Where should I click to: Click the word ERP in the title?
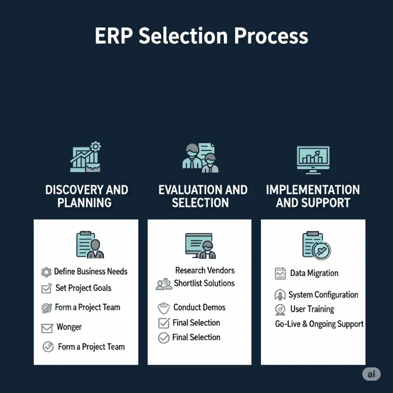[x=114, y=36]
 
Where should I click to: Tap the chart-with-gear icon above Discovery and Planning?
[x=85, y=157]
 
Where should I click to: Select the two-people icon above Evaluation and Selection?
[x=200, y=158]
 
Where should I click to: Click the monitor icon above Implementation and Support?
[x=313, y=160]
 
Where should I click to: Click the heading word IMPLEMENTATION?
[x=313, y=190]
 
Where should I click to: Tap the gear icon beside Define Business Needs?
[x=46, y=272]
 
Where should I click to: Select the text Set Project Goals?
[x=84, y=288]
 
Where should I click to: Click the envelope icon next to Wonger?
[x=47, y=328]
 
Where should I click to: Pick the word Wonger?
[x=69, y=327]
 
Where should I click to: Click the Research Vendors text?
[x=205, y=271]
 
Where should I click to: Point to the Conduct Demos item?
[x=199, y=308]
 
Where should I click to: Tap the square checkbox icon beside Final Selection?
[x=164, y=323]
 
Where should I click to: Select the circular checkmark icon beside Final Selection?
[x=163, y=338]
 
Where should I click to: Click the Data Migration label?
[x=314, y=273]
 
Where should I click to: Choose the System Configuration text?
[x=324, y=295]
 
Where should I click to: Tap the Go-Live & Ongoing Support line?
[x=320, y=324]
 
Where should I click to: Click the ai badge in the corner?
[x=371, y=374]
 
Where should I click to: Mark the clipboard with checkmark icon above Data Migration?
[x=317, y=245]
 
